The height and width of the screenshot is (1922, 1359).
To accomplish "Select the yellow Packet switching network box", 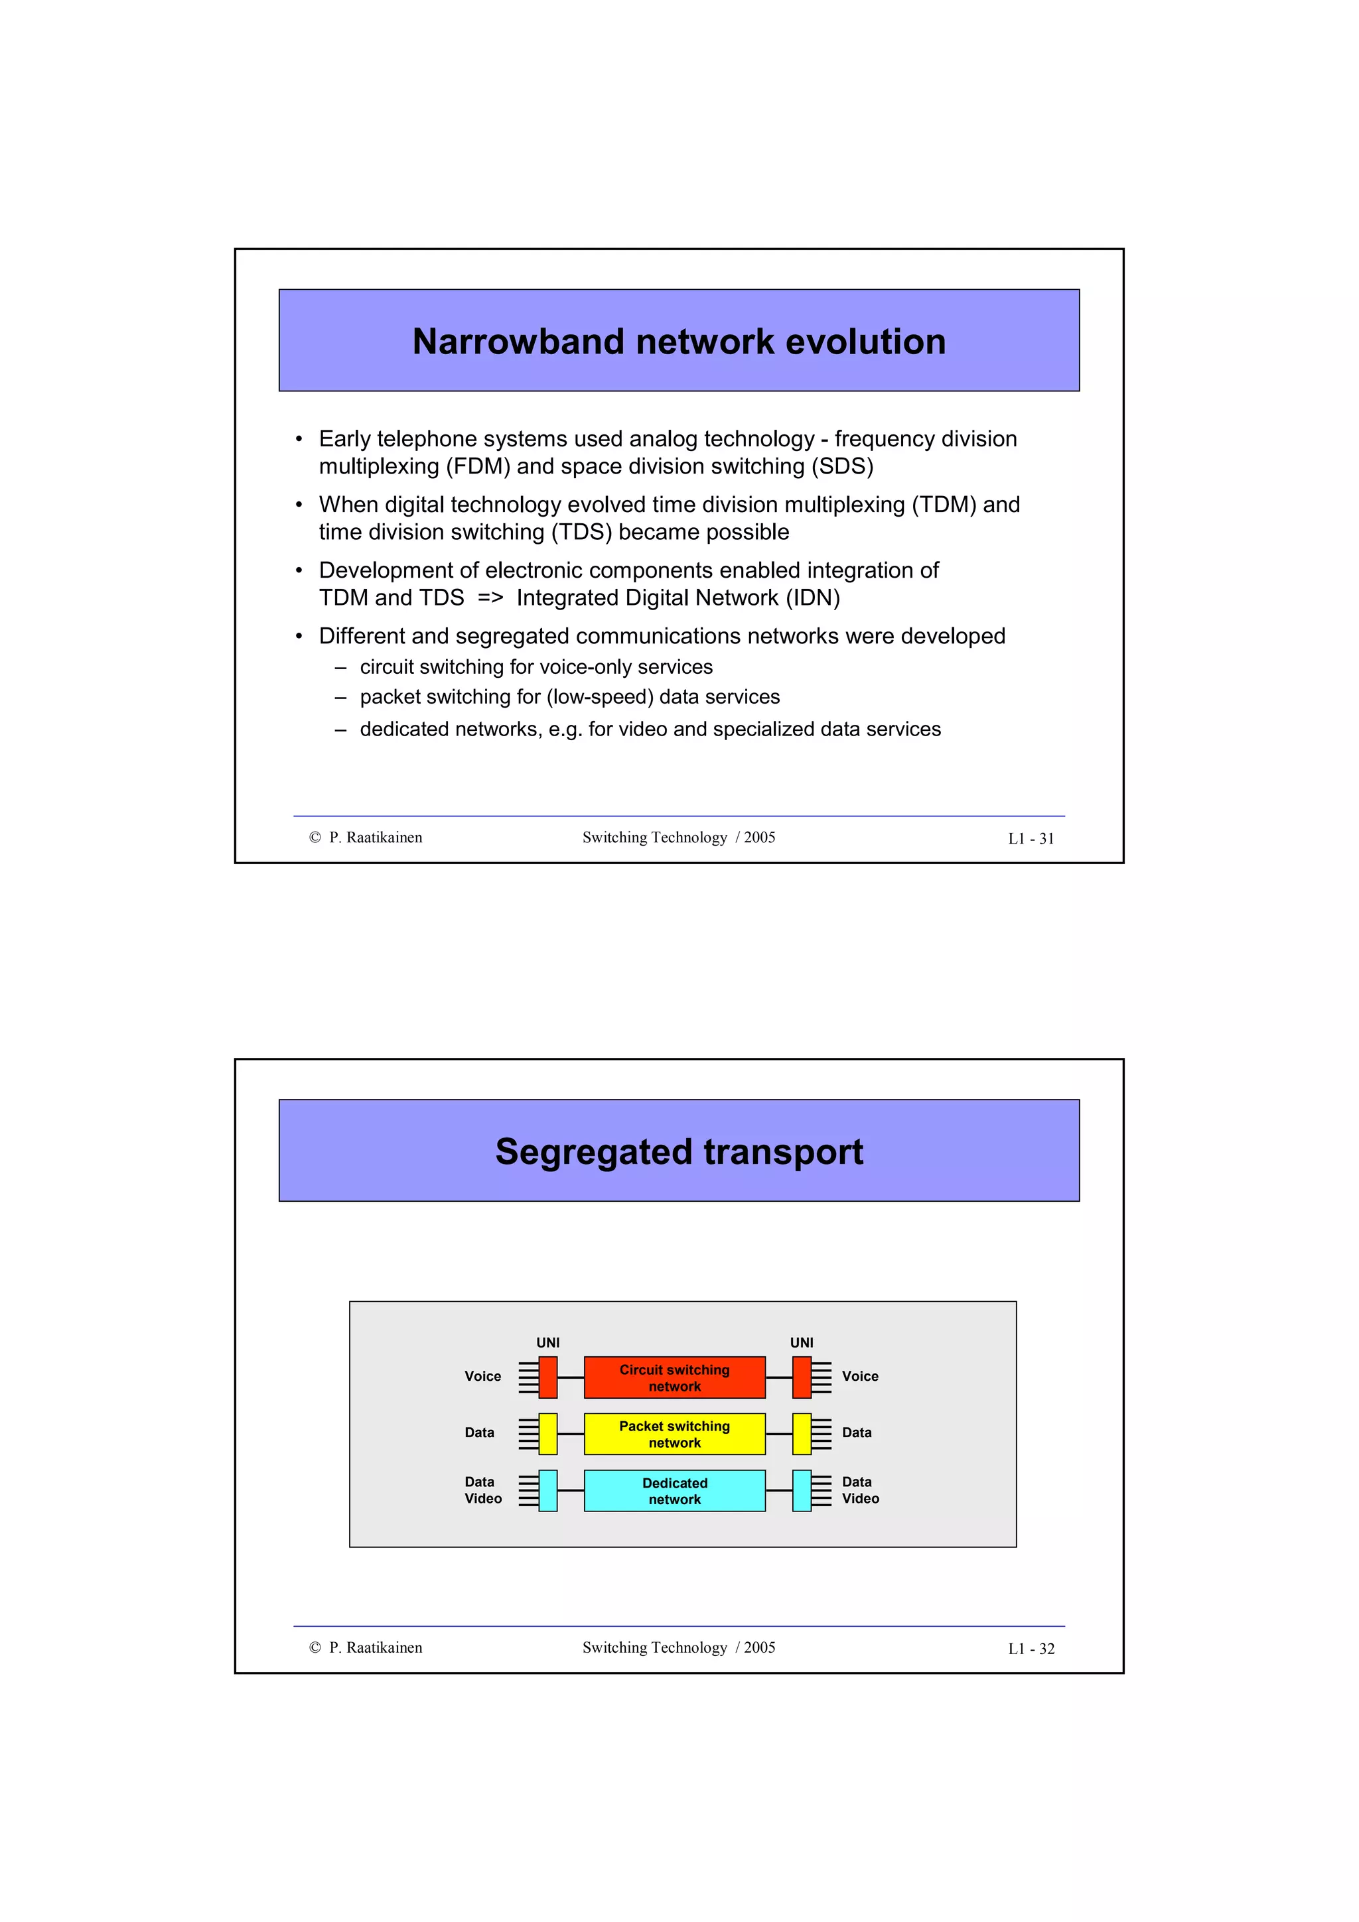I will [674, 1434].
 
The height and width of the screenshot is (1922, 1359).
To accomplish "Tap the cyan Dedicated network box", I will [674, 1491].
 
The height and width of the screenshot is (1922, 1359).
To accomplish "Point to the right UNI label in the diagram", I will [802, 1343].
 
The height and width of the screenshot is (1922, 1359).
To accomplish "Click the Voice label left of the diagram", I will [482, 1376].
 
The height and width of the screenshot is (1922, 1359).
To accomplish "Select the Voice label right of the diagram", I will [860, 1376].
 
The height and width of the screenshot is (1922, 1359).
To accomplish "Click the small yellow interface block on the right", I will [802, 1434].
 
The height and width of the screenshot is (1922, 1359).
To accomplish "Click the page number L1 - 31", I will [1031, 839].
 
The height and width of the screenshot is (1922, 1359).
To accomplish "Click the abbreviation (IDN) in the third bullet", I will [812, 598].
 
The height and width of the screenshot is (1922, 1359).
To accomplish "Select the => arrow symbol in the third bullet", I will [490, 598].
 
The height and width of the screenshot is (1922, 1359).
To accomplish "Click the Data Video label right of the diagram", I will [860, 1490].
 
